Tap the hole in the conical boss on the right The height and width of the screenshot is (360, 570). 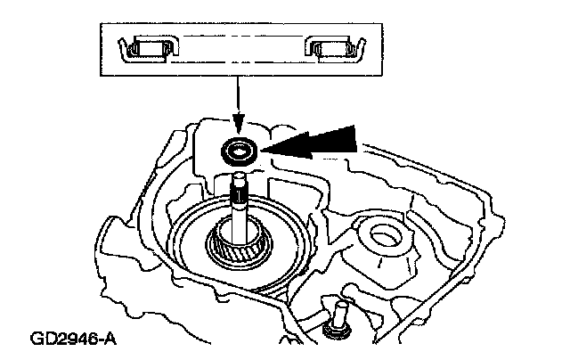coord(384,237)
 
